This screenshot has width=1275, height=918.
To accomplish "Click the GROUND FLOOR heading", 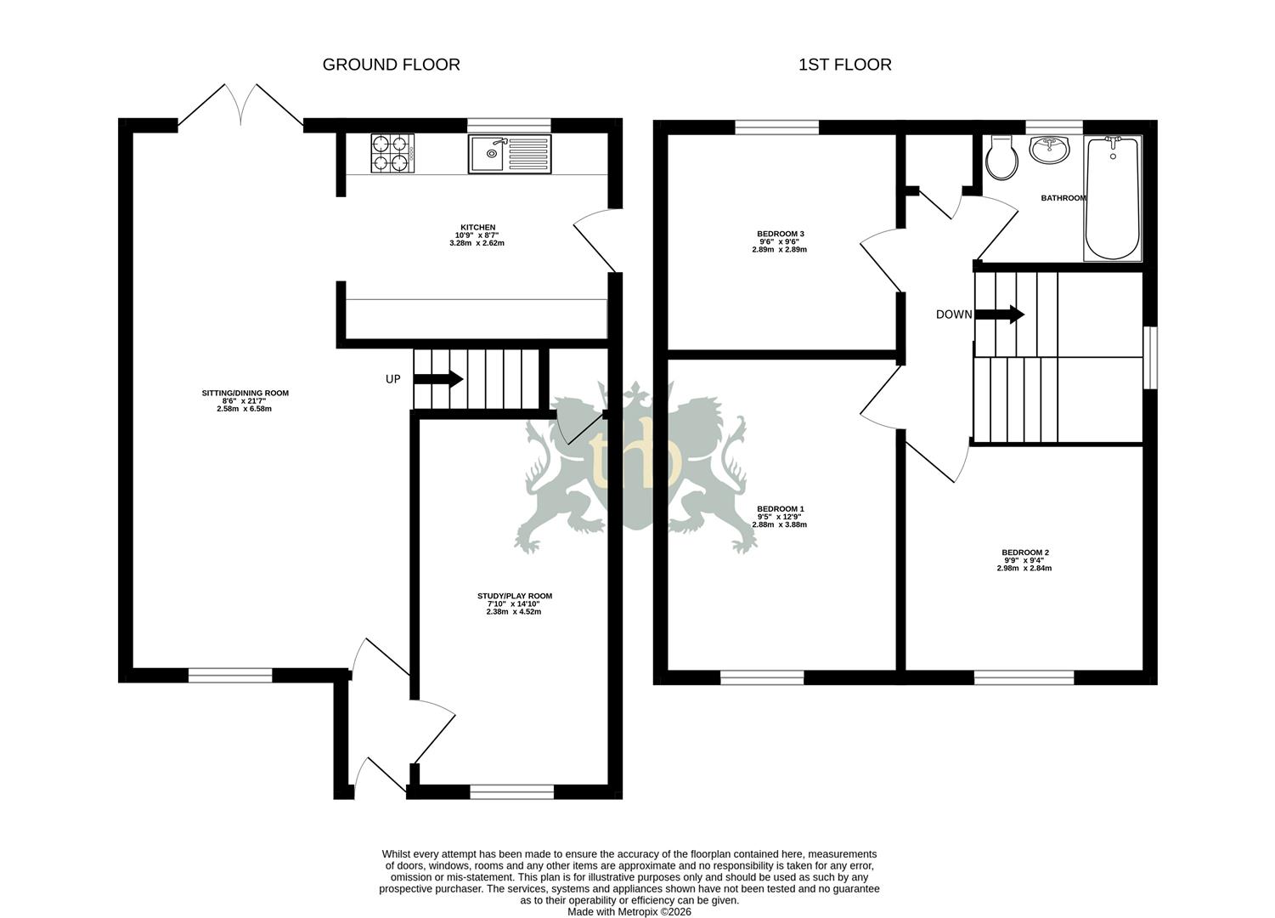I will pyautogui.click(x=391, y=65).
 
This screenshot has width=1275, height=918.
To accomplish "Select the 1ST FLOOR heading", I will pyautogui.click(x=844, y=65).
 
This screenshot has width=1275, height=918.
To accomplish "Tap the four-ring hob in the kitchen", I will pyautogui.click(x=392, y=154).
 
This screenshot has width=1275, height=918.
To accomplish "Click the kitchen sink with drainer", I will pyautogui.click(x=510, y=154).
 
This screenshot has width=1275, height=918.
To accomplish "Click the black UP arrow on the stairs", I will pyautogui.click(x=438, y=378).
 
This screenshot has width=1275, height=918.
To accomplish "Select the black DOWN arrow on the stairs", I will pyautogui.click(x=1000, y=314).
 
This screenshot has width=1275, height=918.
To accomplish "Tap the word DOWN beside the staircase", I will pyautogui.click(x=953, y=314).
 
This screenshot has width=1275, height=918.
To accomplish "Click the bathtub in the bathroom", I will pyautogui.click(x=1113, y=198).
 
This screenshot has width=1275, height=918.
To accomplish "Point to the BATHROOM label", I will pyautogui.click(x=1063, y=198).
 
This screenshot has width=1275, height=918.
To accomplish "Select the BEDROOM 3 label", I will pyautogui.click(x=780, y=234).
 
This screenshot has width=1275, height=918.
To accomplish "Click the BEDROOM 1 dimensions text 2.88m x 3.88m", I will pyautogui.click(x=779, y=524).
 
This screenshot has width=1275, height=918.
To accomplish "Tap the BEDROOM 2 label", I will pyautogui.click(x=1024, y=552).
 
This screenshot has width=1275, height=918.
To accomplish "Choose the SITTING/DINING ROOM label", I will pyautogui.click(x=245, y=393).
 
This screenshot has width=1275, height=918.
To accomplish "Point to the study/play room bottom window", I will pyautogui.click(x=511, y=791).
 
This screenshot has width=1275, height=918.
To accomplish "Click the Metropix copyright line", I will pyautogui.click(x=629, y=911).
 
